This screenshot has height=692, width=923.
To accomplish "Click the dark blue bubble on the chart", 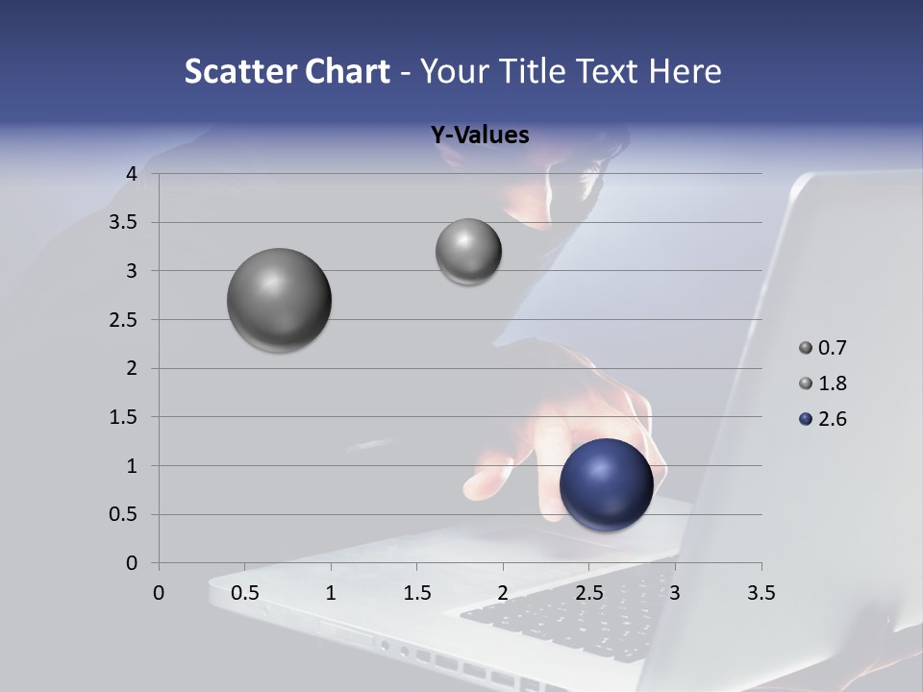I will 606,484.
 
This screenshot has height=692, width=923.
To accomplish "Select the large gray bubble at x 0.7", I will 279,300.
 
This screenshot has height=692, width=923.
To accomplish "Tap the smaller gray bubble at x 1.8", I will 468,252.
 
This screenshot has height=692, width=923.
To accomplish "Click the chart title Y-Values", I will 480,135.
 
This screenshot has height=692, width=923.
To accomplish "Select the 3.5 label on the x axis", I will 761,593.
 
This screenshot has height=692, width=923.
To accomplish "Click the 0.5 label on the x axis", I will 245,593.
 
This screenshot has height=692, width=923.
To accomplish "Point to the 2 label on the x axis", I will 503,593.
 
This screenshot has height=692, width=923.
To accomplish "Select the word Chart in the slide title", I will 348,71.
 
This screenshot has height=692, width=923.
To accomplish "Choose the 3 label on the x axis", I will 675,593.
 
